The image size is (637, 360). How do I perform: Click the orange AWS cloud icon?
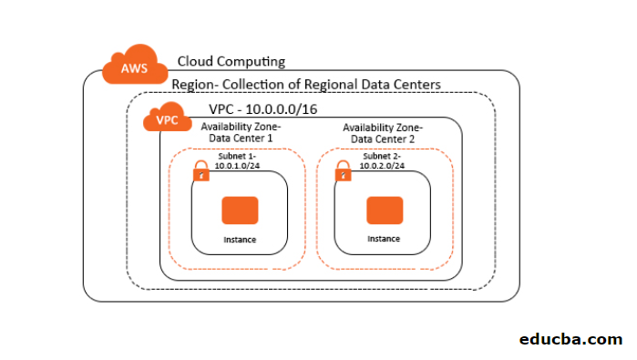(x=134, y=67)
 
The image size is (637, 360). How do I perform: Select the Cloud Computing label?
(x=231, y=62)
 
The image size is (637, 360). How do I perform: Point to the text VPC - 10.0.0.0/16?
(x=262, y=109)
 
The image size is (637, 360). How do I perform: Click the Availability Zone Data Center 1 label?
(x=241, y=133)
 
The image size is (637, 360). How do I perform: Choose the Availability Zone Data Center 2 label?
(x=383, y=133)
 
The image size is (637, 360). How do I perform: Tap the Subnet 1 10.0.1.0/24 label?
(x=237, y=162)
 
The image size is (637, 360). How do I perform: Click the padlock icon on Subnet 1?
(x=201, y=172)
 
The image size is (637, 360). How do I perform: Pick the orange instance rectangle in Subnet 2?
(x=384, y=211)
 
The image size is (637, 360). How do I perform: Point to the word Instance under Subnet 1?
(x=241, y=240)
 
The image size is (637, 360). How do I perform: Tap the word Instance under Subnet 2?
(x=384, y=239)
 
